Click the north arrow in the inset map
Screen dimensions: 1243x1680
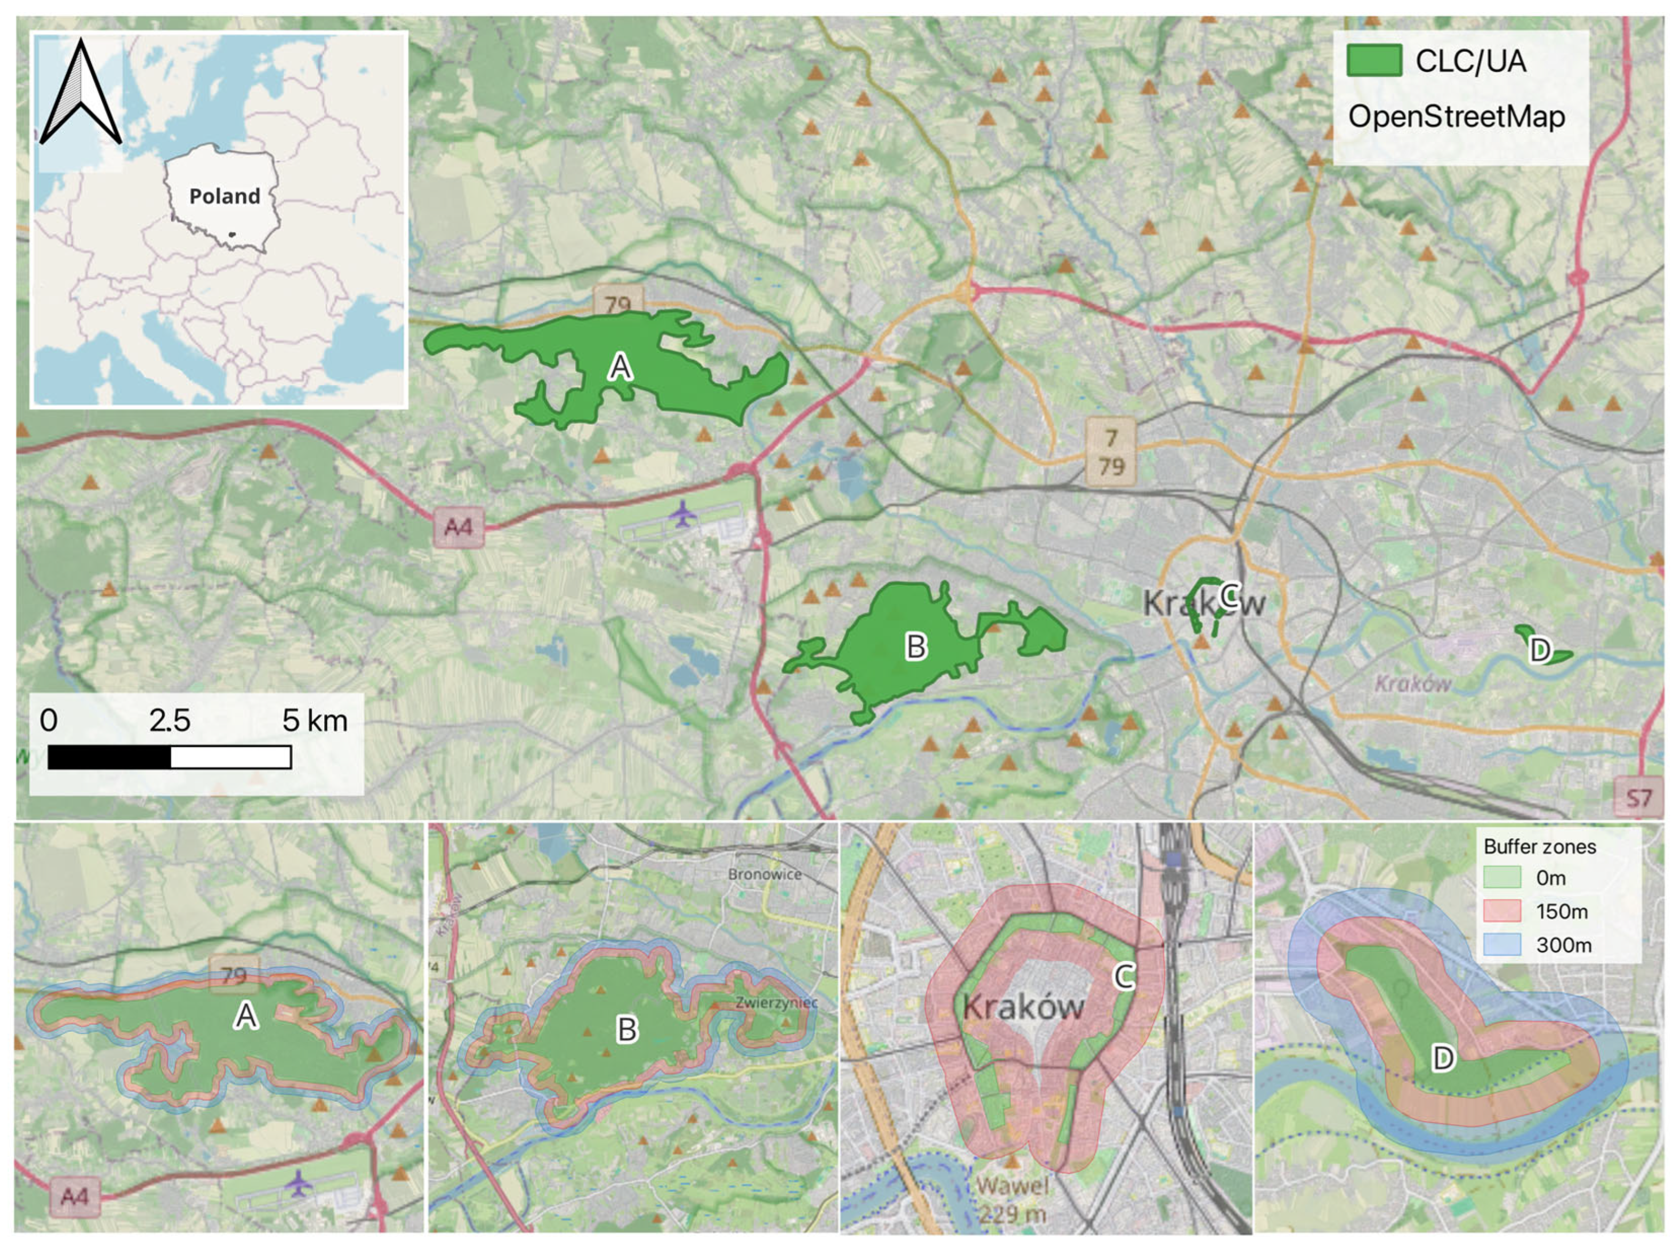tap(81, 94)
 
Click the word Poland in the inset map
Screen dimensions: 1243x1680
tap(224, 196)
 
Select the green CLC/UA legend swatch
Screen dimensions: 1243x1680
tap(1373, 61)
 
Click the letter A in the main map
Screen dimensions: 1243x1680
tap(620, 367)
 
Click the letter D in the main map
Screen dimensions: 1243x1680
tap(1540, 650)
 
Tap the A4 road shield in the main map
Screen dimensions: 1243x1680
tap(457, 527)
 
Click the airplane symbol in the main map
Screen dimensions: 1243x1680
tap(682, 515)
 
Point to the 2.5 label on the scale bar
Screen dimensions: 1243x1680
tap(170, 721)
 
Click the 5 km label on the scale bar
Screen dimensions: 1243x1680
tap(315, 721)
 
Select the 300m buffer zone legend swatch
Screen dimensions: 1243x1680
tap(1501, 945)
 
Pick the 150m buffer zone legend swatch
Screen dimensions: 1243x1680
tap(1501, 911)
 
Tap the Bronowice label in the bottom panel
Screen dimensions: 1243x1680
tap(764, 874)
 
